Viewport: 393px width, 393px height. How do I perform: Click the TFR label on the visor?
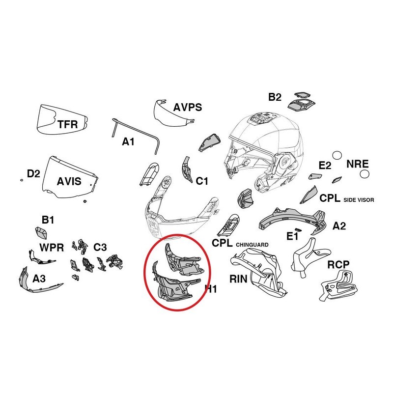click(68, 124)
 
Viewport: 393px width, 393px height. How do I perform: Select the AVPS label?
click(188, 107)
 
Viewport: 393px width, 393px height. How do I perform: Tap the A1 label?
click(128, 142)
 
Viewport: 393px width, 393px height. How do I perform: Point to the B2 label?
click(275, 97)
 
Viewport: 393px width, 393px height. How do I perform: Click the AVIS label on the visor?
click(69, 181)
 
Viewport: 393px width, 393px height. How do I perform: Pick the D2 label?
click(33, 173)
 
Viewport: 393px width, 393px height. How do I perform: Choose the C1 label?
click(202, 181)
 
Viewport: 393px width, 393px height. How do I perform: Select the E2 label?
click(325, 166)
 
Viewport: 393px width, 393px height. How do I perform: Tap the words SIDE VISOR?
click(359, 200)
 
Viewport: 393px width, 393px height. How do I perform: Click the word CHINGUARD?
click(252, 245)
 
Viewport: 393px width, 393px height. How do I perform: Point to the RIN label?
click(238, 279)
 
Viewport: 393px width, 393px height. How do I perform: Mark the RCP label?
click(338, 265)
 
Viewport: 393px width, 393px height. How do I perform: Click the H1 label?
click(211, 289)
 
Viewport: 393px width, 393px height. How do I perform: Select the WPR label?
click(52, 248)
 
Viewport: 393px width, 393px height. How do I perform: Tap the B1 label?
click(48, 220)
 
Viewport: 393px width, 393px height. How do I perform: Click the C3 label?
click(100, 248)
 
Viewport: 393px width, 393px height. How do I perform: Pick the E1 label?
click(292, 236)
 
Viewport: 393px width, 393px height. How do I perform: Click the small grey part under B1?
click(41, 233)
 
